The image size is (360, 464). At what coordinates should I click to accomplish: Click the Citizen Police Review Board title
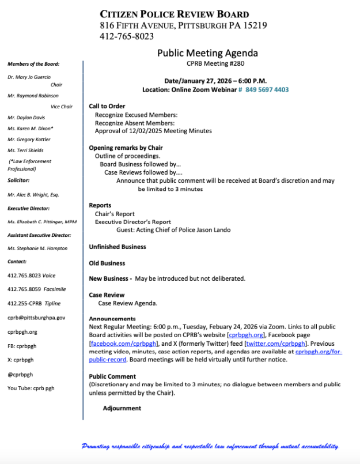pos(175,14)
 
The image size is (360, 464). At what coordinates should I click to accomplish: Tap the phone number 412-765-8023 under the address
pos(127,36)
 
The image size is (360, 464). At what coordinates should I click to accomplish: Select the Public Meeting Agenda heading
pos(207,53)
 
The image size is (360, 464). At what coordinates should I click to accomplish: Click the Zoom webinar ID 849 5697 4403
pos(267,90)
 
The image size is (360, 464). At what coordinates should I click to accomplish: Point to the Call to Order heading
pos(107,106)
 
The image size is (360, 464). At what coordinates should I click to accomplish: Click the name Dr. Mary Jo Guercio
pos(29,77)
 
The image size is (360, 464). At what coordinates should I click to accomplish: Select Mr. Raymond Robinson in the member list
pos(33,96)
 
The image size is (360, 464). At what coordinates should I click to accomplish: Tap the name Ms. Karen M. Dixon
pos(30,128)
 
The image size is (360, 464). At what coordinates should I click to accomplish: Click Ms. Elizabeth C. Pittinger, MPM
pos(41,222)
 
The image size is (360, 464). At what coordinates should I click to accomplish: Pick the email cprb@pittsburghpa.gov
pos(36,318)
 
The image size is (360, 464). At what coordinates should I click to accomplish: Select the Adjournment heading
pos(122,408)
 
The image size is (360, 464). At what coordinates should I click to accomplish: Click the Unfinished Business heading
pos(117,247)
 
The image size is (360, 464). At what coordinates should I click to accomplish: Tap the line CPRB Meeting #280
pos(207,63)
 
